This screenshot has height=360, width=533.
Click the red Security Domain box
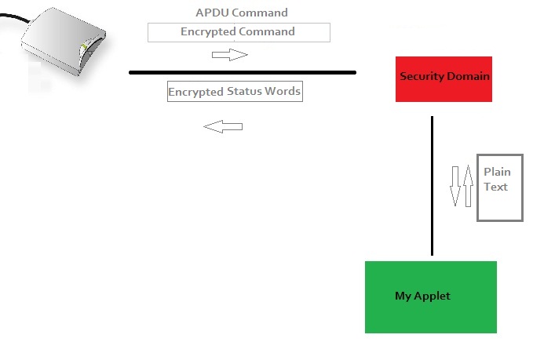[444, 79]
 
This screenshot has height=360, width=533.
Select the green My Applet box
[431, 297]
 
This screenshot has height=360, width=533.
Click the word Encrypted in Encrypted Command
[208, 31]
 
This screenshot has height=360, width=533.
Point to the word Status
[244, 91]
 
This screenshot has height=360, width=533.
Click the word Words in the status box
[283, 91]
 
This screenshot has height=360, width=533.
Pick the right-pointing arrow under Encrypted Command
[230, 55]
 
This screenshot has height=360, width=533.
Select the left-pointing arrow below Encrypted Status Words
[223, 127]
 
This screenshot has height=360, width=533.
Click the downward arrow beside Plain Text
[455, 186]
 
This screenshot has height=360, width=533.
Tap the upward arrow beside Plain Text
[468, 186]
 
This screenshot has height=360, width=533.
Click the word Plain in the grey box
[497, 172]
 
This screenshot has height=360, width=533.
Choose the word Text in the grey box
[495, 187]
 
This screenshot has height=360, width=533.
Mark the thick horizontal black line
[243, 72]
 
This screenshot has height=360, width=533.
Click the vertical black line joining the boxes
[432, 186]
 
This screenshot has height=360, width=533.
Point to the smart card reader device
[64, 42]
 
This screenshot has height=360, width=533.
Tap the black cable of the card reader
[15, 17]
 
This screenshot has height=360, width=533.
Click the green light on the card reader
[84, 47]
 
